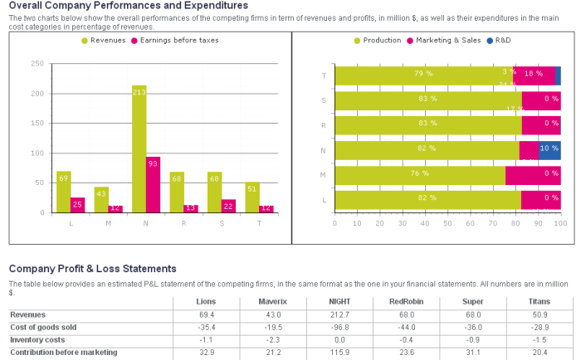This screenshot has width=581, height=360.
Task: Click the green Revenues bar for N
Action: point(139,149)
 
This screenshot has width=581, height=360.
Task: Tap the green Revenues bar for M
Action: point(101,199)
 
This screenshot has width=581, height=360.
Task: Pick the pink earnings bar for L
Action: point(78,205)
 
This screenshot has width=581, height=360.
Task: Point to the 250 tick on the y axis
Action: point(37,63)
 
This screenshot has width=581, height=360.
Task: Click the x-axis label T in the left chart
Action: point(259,221)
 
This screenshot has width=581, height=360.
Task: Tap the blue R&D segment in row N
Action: point(549,150)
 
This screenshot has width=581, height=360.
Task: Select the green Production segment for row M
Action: point(420,175)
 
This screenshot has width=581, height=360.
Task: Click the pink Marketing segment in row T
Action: point(535,75)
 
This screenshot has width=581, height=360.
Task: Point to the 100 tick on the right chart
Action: point(559,222)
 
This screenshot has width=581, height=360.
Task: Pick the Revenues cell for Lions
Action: point(207,314)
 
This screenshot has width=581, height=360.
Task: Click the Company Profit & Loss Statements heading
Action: point(93,269)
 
